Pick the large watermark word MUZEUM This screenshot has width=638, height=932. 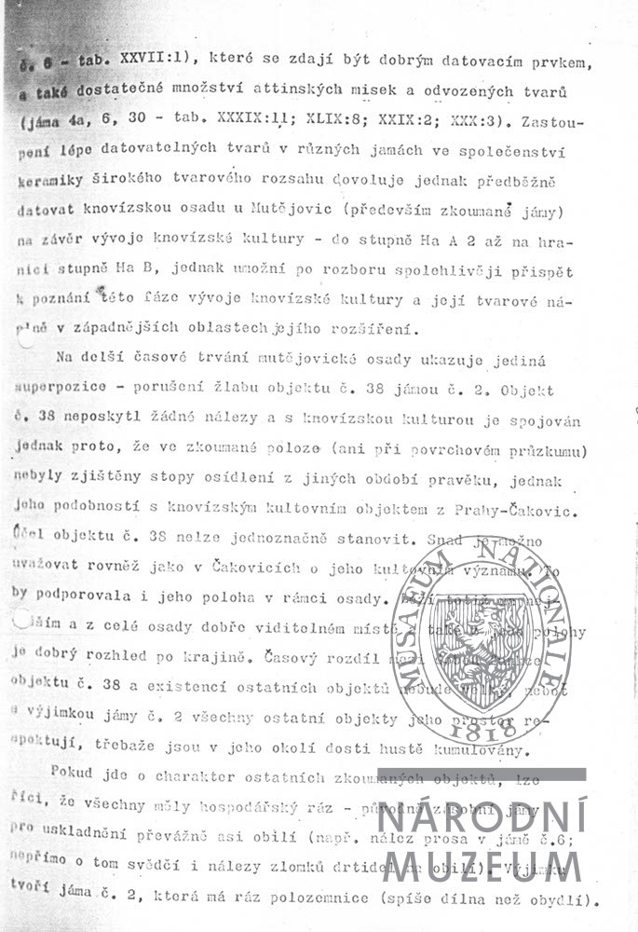tap(482, 865)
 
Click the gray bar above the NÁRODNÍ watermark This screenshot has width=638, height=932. tap(482, 774)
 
